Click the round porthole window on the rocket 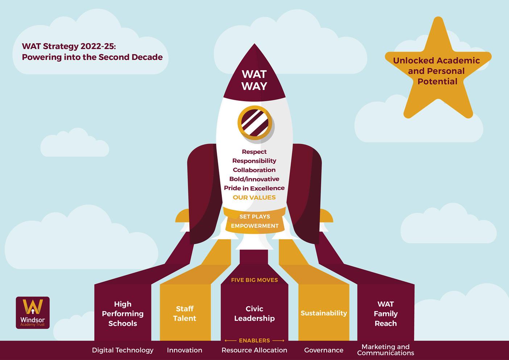[x=255, y=123]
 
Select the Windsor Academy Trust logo [x=33, y=313]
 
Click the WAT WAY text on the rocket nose [x=254, y=80]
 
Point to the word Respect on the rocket [x=254, y=152]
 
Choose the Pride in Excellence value [x=254, y=188]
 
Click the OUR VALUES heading [x=254, y=198]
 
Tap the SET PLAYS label [x=255, y=216]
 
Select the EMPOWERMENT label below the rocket [x=255, y=226]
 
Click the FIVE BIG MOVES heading [x=255, y=280]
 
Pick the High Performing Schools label [x=123, y=314]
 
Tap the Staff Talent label [x=185, y=314]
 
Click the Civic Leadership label [x=255, y=314]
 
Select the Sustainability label [x=324, y=313]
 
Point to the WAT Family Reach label [x=385, y=314]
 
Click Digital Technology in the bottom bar [x=123, y=350]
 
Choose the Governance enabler [x=324, y=350]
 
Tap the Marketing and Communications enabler [x=385, y=350]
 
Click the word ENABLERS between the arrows [x=255, y=340]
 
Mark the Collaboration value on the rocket [x=254, y=170]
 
